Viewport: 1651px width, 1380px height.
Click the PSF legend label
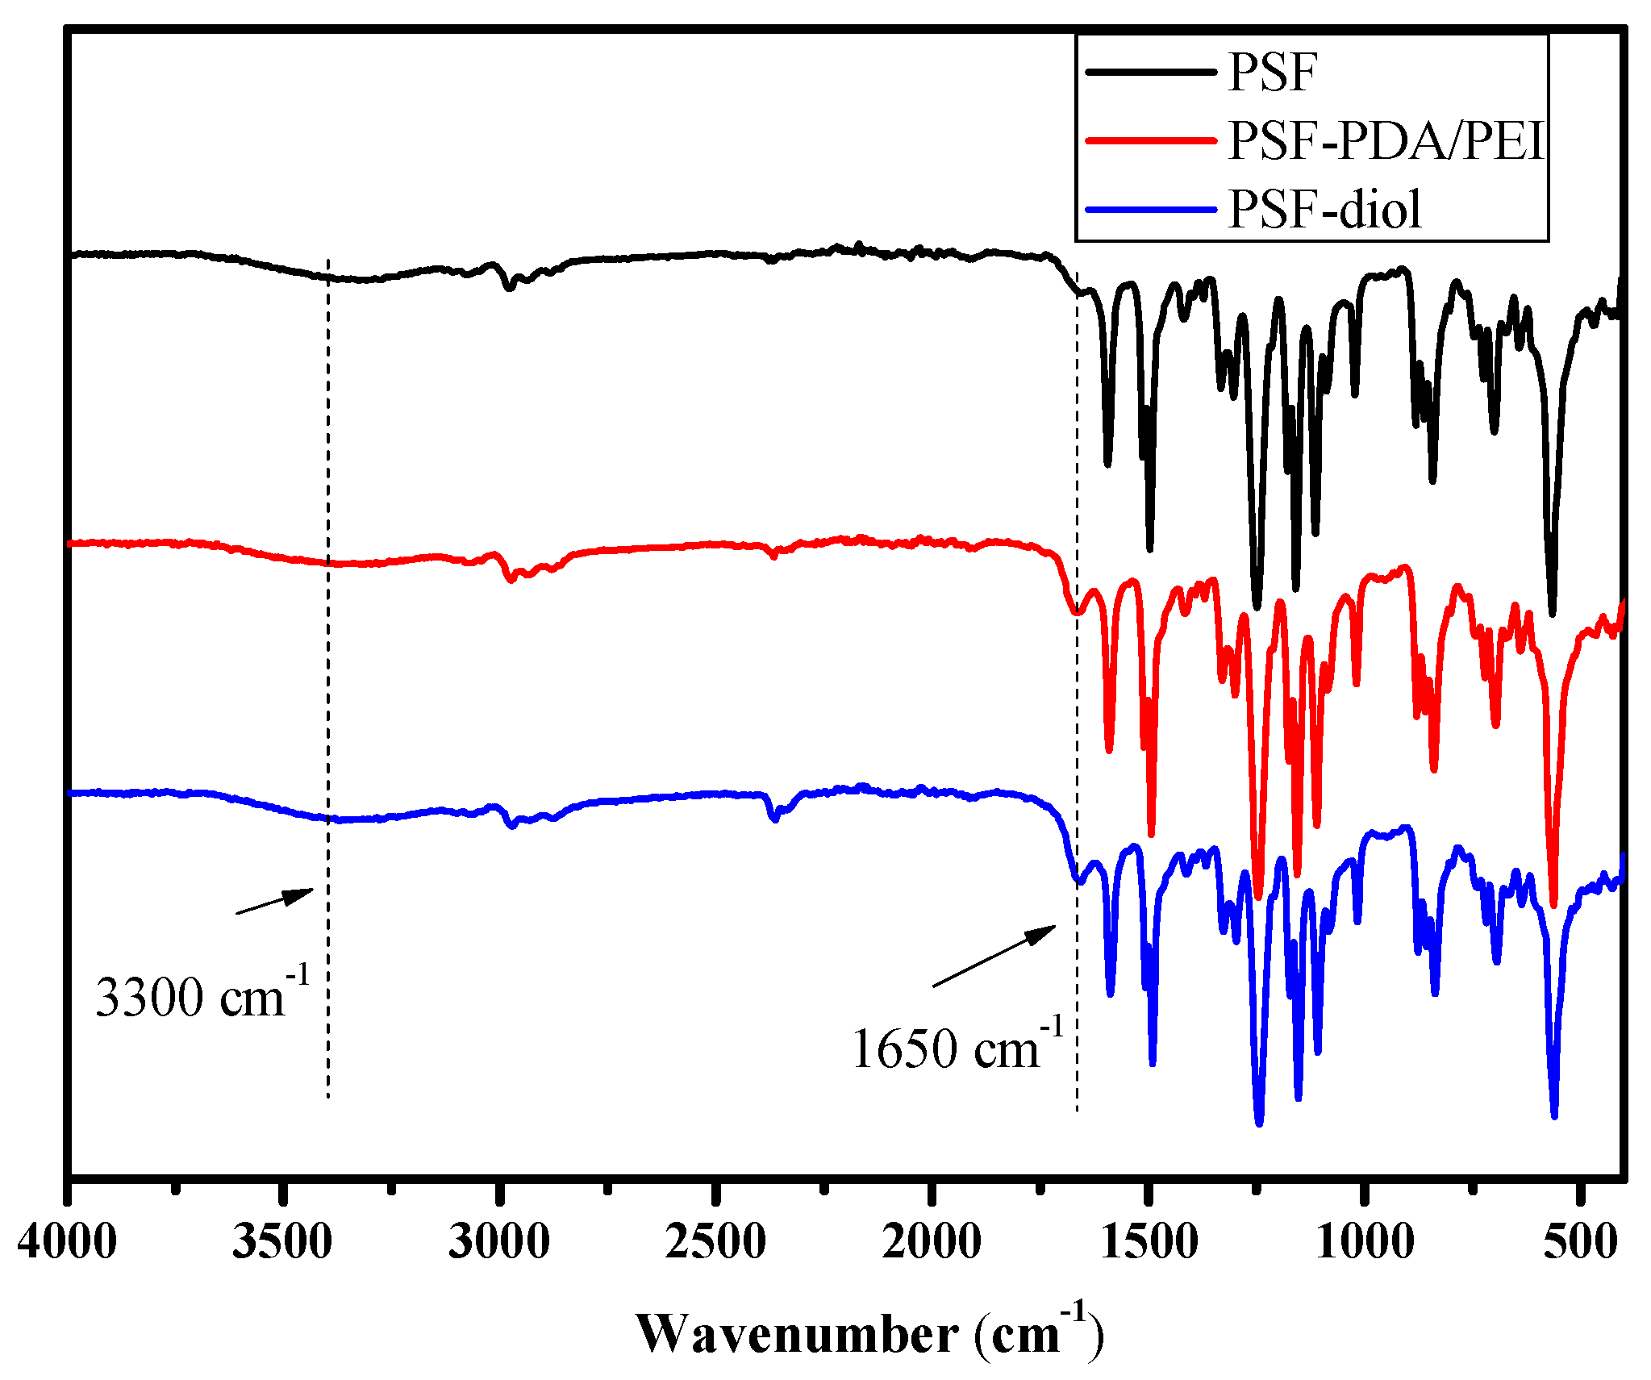(1272, 73)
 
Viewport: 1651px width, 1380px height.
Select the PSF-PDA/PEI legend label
(1385, 141)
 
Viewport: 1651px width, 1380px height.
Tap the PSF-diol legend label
(1324, 210)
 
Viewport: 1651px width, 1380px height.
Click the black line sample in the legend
(1150, 73)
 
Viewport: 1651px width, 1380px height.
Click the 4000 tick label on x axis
(68, 1241)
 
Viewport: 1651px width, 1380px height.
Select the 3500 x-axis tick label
(282, 1241)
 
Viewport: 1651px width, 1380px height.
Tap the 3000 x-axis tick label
(499, 1241)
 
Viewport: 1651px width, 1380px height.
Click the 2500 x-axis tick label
(715, 1241)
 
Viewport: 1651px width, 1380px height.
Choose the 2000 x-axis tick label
(932, 1241)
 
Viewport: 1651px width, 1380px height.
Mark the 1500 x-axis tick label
(1149, 1241)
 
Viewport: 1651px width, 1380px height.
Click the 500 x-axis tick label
(1581, 1241)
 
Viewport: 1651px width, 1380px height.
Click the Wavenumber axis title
(869, 1333)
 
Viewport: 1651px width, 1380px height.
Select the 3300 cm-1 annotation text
(202, 994)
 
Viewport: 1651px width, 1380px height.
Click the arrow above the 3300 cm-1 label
(274, 901)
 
